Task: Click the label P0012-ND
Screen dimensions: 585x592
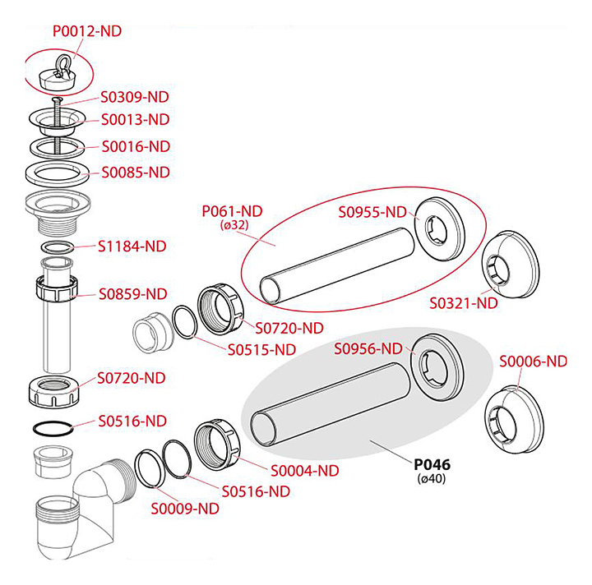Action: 86,31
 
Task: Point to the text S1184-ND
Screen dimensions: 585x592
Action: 132,246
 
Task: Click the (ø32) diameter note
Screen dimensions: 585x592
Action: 234,224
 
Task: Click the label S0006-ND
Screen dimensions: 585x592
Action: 534,361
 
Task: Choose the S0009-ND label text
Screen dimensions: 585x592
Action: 185,509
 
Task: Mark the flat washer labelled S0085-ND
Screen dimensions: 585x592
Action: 56,174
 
